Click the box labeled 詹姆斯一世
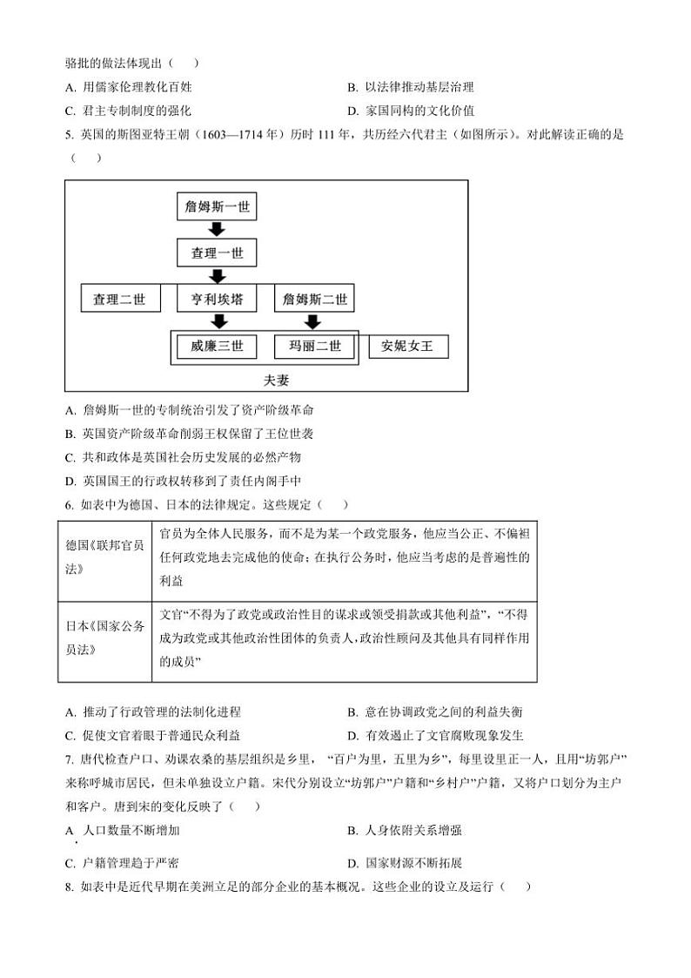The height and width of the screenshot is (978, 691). click(x=217, y=208)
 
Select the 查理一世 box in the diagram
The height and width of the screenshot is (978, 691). click(x=217, y=253)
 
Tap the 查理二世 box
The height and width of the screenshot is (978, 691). click(x=120, y=300)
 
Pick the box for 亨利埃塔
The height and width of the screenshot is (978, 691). click(x=217, y=300)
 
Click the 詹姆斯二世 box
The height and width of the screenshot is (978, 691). click(x=314, y=300)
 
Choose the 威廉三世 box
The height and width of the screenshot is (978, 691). click(x=217, y=347)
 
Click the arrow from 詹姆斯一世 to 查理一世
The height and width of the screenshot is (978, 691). click(x=217, y=230)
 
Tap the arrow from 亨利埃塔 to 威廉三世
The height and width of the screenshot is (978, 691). click(x=217, y=322)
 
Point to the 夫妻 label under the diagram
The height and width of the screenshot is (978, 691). click(x=266, y=381)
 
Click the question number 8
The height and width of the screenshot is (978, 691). click(x=69, y=887)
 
